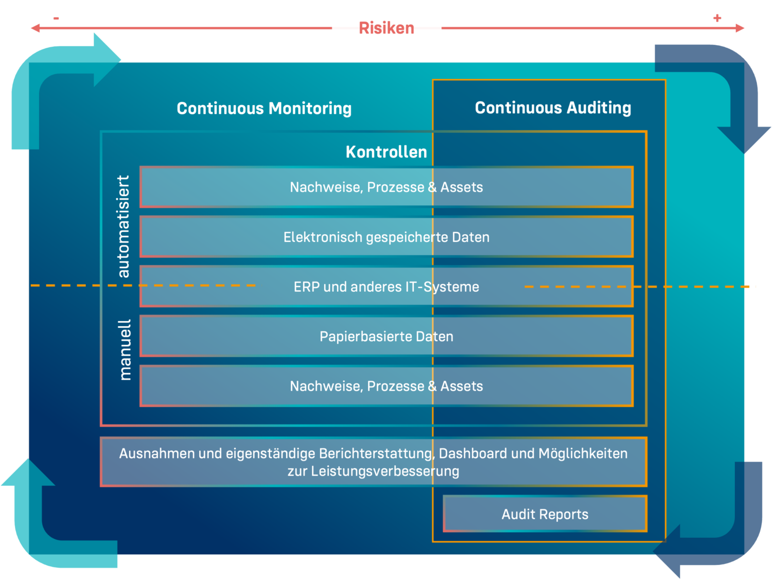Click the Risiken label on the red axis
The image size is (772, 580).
coord(386,28)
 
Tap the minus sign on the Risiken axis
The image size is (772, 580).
coord(56,19)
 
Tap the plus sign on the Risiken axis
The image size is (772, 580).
coord(717,19)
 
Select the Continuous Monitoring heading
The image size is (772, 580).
coord(264,109)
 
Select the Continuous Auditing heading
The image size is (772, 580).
coord(553,108)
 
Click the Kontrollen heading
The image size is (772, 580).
coord(386,152)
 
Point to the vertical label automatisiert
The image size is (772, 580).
coord(124,226)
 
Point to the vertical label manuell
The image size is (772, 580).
coord(125,349)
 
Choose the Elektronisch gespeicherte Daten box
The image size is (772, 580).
coord(386,237)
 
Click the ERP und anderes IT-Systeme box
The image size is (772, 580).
coord(386,287)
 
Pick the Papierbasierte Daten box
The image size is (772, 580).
coord(386,337)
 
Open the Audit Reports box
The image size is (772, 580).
coord(545,514)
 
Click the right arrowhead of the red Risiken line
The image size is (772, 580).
coord(741,28)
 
